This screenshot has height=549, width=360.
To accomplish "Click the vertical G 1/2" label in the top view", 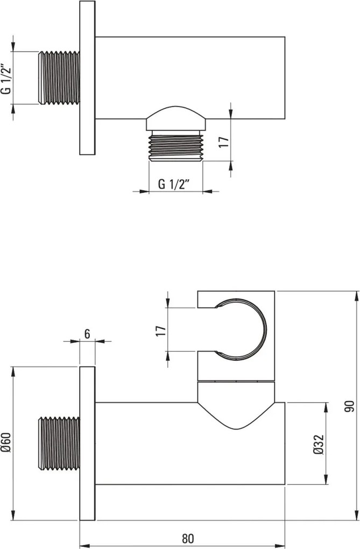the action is [6, 79].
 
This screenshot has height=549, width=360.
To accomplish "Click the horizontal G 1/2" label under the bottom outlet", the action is [174, 184].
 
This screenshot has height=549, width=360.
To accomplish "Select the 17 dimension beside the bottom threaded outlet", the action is [224, 142].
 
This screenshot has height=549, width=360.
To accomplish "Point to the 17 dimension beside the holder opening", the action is [160, 330].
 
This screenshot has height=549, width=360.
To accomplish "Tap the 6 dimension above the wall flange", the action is [87, 334].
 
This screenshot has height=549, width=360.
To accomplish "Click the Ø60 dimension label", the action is [6, 443].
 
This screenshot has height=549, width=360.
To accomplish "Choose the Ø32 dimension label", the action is [319, 445].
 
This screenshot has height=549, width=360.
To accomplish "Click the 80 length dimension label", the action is [188, 538].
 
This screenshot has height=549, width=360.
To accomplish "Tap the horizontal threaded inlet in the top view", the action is [59, 78].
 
